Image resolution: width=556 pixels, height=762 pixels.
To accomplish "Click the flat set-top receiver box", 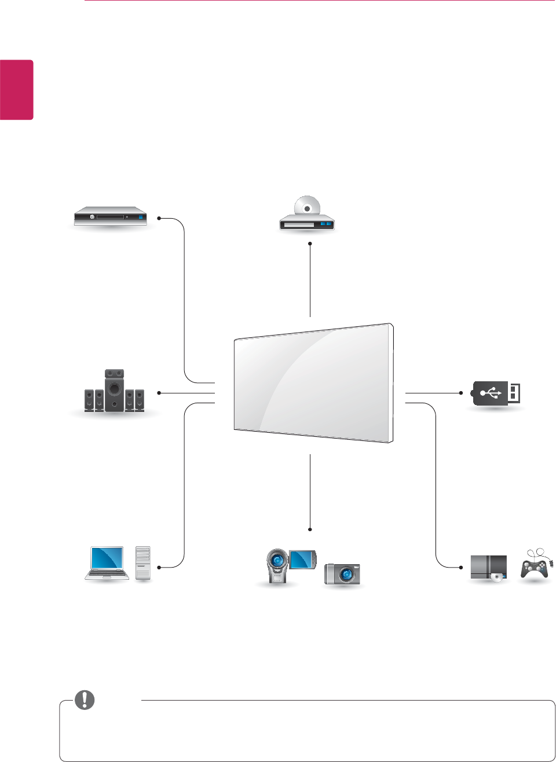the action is pos(110,216).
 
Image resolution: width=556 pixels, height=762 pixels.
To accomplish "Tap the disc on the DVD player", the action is pos(307,207).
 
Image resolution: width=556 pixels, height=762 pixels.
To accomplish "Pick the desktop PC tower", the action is pos(142,562).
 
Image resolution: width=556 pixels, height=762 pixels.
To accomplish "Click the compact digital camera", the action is pos(342,573).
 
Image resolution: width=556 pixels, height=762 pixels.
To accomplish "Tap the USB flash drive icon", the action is pos(496,393).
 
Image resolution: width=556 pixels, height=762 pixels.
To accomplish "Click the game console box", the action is pos(488,567).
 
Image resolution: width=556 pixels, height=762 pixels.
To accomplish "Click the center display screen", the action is pos(313,383).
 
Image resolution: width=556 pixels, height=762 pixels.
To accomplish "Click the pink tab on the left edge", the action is pos(16,90).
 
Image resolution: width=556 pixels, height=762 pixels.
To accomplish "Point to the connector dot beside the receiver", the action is pos(159,219).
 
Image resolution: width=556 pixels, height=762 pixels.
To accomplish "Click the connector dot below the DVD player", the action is pos(310,244).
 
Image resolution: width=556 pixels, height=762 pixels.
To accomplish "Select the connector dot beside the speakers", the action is pos(159,393).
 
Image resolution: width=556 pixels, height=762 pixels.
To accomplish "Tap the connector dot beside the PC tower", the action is pos(159,567).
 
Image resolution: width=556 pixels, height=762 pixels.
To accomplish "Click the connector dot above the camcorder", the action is pos(310,529).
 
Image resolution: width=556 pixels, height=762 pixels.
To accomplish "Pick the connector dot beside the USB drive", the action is pos(461,393).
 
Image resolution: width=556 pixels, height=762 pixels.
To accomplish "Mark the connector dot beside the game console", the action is pos(461,567).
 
